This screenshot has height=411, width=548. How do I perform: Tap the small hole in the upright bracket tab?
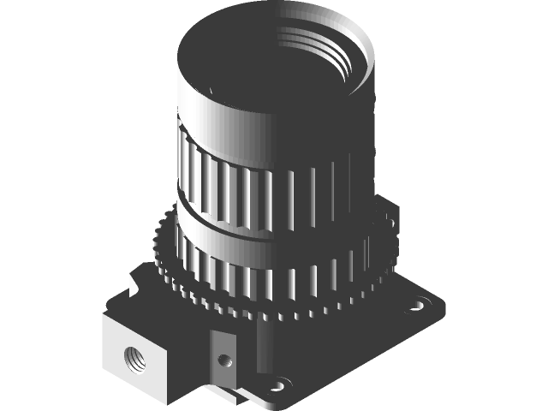(223, 360)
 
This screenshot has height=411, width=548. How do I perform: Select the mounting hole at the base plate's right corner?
(420, 304)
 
